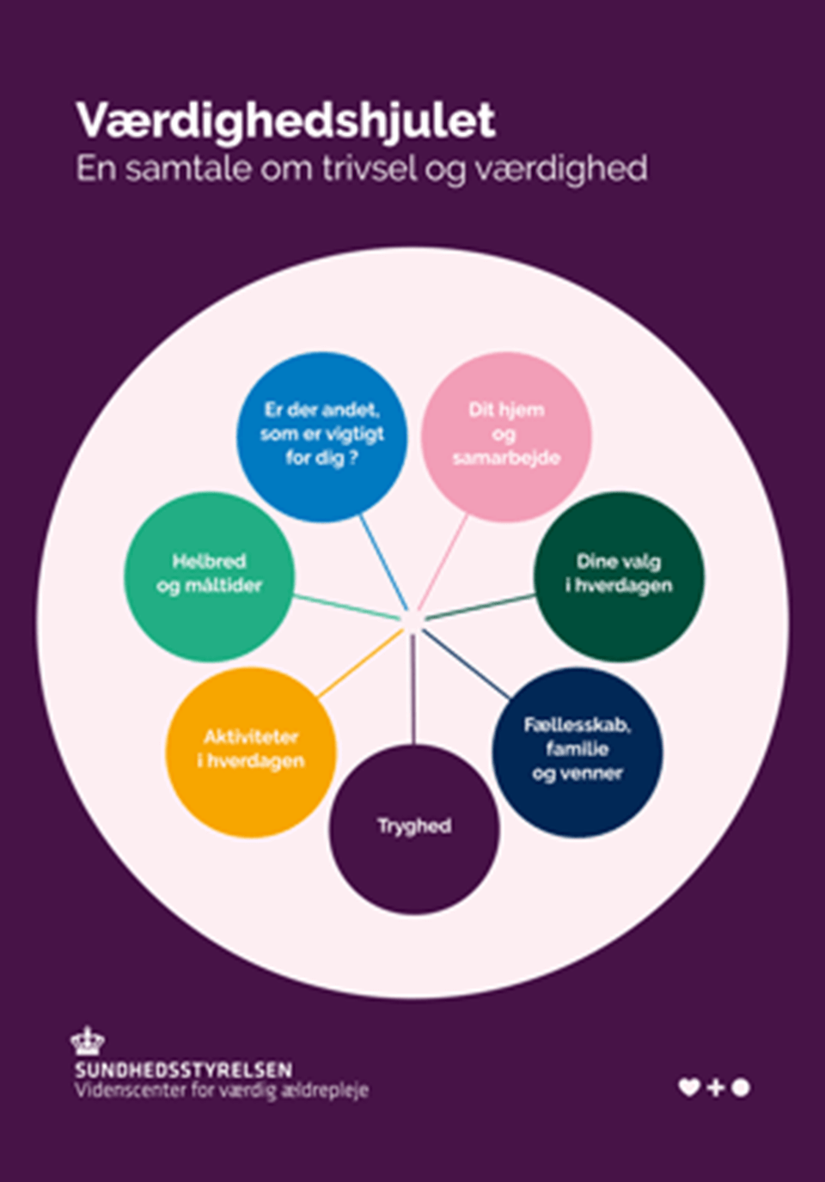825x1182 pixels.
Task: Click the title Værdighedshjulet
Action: coord(285,120)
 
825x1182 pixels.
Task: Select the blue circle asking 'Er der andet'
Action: coord(321,436)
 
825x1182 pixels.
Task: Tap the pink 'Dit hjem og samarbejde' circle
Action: coord(506,436)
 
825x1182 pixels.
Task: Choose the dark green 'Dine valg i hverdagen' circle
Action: coord(619,576)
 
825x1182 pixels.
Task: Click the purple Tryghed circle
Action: coord(414,828)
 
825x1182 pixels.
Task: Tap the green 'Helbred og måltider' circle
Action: coord(210,576)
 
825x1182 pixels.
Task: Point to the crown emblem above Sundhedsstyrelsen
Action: coord(88,1041)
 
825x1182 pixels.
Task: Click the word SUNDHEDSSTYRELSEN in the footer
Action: coord(183,1070)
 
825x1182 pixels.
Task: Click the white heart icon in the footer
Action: coord(688,1088)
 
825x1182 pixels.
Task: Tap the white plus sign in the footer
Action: coord(715,1088)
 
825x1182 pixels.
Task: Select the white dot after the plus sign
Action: coord(741,1088)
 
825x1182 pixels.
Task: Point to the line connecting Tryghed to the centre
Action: coord(413,687)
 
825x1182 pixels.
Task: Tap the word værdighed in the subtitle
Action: coord(561,168)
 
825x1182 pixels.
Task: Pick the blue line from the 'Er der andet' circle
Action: coord(380,560)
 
